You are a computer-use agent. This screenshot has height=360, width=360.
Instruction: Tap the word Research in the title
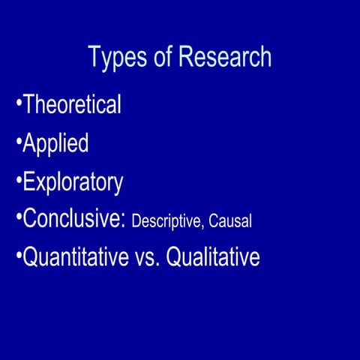(224, 57)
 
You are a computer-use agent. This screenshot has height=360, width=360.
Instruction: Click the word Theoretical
(72, 104)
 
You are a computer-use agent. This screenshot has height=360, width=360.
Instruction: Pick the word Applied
(55, 143)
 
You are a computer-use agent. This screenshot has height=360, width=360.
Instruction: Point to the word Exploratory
(73, 182)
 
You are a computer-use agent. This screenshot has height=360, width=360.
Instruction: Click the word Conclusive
(73, 219)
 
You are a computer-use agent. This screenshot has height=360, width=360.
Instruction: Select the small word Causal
(230, 221)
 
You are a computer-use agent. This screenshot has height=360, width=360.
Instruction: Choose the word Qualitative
(213, 258)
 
